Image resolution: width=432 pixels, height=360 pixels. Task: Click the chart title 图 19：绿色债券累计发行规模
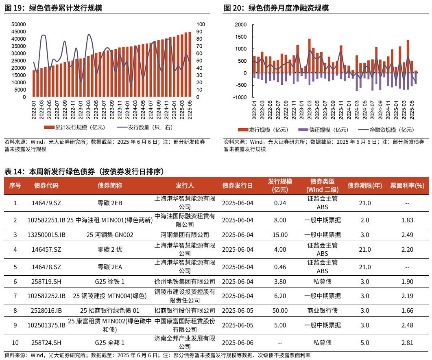click(53, 8)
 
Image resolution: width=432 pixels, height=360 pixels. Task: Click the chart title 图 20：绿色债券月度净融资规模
click(276, 8)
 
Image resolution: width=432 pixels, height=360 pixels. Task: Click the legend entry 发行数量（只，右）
click(153, 127)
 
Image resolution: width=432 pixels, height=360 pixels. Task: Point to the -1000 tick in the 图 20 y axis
click(240, 97)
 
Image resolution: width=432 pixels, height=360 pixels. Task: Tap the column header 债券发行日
click(238, 186)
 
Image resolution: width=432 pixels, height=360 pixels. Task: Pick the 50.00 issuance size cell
click(280, 311)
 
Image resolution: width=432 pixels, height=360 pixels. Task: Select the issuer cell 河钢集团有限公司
click(185, 235)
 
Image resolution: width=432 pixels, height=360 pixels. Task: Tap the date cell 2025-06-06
click(238, 342)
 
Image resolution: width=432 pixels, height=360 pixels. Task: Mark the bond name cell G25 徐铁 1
click(110, 281)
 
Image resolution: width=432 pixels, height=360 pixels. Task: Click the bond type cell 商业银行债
click(322, 311)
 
